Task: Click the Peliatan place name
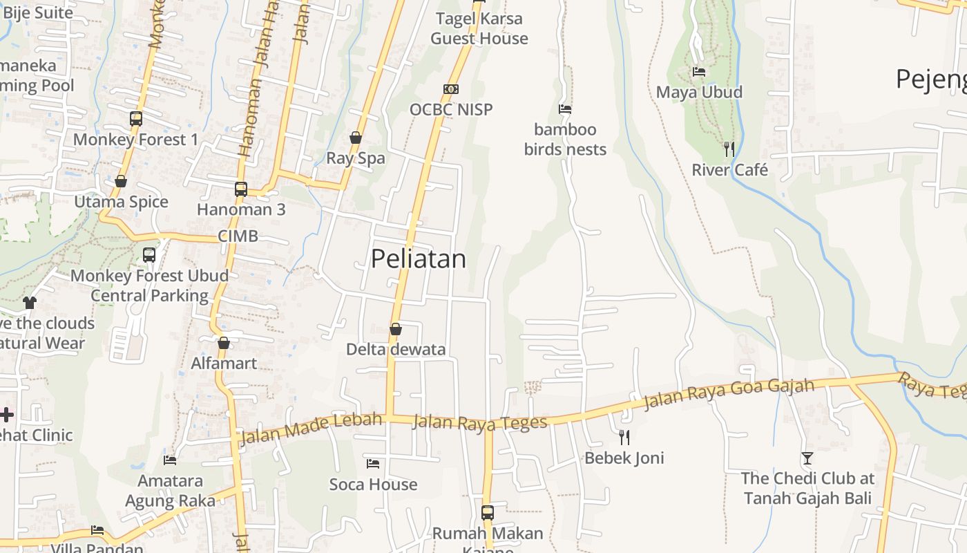tap(418, 259)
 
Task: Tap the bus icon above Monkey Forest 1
tap(135, 119)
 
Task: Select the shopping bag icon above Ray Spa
tap(355, 138)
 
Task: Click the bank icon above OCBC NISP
tap(451, 89)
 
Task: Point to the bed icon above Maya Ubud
tap(699, 72)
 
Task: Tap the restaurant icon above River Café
tap(729, 149)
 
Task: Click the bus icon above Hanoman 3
tap(240, 189)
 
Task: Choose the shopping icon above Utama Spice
tap(121, 181)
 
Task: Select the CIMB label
tap(238, 236)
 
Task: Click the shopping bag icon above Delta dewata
tap(396, 329)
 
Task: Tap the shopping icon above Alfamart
tap(223, 343)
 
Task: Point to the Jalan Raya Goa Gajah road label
tap(729, 393)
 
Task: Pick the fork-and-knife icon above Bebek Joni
tap(624, 437)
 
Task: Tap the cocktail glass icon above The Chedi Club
tap(807, 458)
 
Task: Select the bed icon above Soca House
tap(373, 464)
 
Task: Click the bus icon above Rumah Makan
tap(487, 513)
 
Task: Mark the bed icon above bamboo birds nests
tap(564, 109)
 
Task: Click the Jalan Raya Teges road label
tap(479, 422)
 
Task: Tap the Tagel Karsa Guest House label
tap(479, 28)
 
